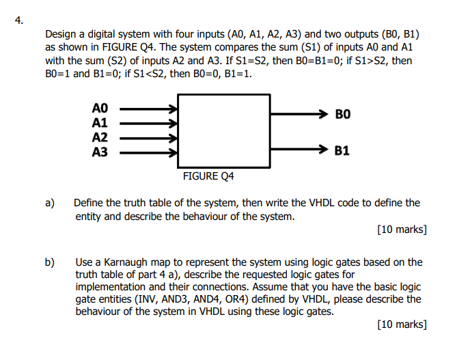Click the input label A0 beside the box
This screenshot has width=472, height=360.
(100, 108)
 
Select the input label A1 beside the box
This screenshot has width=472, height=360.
(100, 123)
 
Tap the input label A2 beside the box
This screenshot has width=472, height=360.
(100, 137)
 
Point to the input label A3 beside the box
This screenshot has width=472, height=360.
(100, 152)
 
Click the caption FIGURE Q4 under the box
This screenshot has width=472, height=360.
(208, 176)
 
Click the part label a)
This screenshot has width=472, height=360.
(49, 203)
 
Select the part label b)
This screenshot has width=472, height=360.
(49, 262)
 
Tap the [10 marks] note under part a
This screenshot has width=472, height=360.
(402, 230)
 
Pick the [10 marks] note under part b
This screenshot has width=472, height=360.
(402, 324)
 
